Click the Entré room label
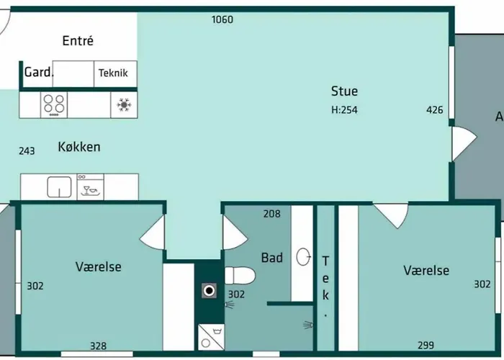point(78,41)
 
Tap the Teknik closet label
point(113,73)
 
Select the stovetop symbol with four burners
point(54,104)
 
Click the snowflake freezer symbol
point(124,105)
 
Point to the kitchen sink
point(60,186)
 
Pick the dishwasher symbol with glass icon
point(90,186)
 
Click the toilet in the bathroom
point(240,276)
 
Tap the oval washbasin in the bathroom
point(303,257)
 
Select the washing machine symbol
point(211,337)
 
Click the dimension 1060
point(222,19)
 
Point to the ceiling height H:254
point(344,110)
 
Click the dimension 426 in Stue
point(435,110)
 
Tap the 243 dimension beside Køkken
point(27,150)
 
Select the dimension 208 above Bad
point(272,214)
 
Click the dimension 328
point(98,346)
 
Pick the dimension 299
point(426,345)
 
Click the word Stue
point(345,91)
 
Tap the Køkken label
point(79,147)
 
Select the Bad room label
point(272,258)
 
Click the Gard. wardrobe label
point(39,72)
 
